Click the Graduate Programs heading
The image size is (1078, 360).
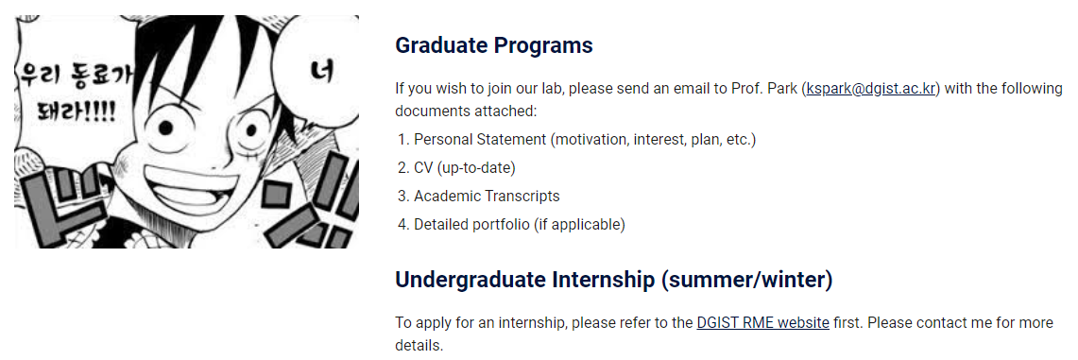coord(493,46)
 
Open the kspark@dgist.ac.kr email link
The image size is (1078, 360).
coord(871,90)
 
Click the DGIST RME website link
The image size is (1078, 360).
coord(762,323)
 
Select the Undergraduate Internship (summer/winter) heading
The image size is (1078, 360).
coord(614,281)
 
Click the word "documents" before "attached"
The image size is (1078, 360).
coord(430,111)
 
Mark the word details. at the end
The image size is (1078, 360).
coord(419,345)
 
